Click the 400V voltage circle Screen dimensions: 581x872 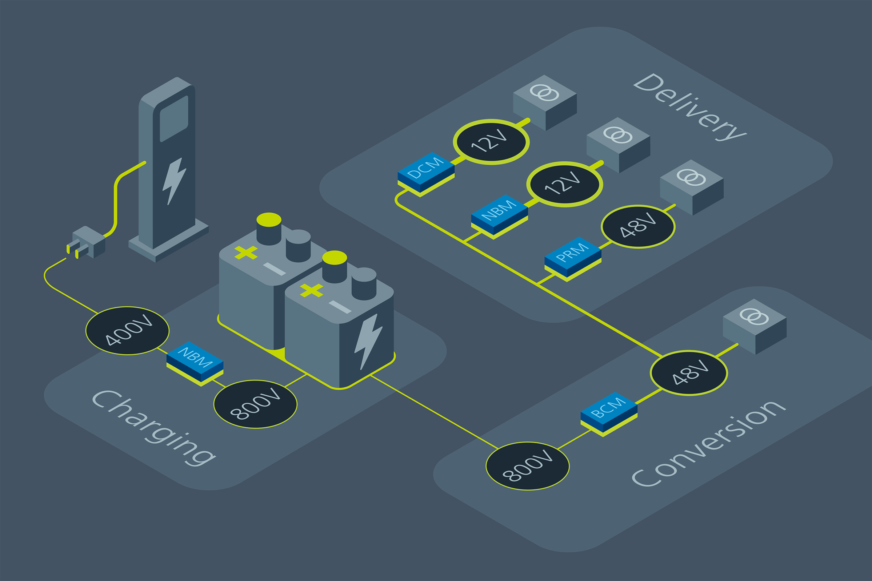coord(127,331)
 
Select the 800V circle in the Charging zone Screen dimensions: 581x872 coord(255,404)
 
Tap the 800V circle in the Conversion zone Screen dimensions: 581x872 coord(527,466)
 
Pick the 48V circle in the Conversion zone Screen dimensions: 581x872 coord(688,373)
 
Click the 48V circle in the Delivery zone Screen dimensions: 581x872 coord(638,226)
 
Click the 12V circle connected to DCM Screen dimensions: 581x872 coord(491,142)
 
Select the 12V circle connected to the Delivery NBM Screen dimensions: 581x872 coord(564,184)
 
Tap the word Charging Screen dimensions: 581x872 coord(154,428)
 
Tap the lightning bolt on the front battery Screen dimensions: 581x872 coord(367,341)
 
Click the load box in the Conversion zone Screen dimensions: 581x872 coord(755,326)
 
